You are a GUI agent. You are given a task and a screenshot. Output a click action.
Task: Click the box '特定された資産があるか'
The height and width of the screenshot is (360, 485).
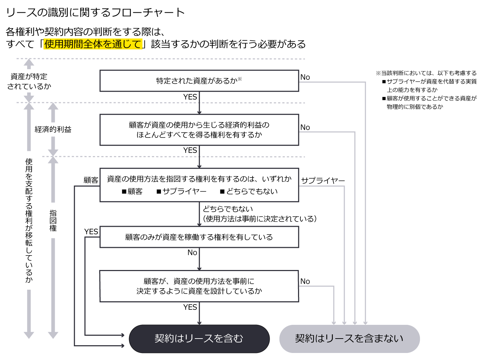click(199, 81)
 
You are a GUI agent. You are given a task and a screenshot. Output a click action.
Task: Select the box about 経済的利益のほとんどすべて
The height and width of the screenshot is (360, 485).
click(199, 130)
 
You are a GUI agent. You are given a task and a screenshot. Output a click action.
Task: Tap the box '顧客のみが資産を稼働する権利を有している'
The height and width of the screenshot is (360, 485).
click(199, 237)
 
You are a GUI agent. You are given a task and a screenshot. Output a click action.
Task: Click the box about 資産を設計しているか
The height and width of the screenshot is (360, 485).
click(199, 286)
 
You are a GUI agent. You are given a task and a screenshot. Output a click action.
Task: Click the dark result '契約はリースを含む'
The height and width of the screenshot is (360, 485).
click(199, 339)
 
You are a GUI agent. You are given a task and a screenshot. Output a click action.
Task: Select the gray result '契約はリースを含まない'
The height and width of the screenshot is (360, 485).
click(349, 339)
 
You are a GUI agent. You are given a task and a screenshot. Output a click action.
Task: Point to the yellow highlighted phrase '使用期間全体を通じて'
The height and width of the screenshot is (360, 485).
click(93, 44)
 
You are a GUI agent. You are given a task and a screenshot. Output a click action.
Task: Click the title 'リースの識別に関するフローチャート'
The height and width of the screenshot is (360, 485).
click(95, 13)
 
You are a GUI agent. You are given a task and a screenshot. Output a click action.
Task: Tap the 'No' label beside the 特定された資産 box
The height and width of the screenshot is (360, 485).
click(305, 77)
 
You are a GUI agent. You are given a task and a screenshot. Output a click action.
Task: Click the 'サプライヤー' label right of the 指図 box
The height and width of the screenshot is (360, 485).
click(323, 181)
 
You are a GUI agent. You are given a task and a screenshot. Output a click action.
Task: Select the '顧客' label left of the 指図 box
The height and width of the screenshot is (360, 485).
click(91, 180)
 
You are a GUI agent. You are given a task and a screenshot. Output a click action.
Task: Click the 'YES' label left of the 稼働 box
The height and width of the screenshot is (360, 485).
click(91, 232)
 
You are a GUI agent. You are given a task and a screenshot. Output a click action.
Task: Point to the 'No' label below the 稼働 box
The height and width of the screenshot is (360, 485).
click(192, 252)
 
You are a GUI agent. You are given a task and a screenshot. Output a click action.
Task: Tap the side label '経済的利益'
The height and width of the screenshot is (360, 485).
click(53, 129)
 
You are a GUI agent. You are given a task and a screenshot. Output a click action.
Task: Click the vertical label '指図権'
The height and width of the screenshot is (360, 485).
click(53, 220)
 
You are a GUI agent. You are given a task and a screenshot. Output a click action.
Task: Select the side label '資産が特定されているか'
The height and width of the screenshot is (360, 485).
click(29, 81)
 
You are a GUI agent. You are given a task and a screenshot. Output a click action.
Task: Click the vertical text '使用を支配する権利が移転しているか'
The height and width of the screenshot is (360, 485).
click(29, 220)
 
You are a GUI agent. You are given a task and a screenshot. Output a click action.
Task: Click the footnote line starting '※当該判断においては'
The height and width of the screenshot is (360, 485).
click(426, 73)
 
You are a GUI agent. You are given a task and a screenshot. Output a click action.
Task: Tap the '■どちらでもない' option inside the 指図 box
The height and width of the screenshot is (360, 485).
click(249, 192)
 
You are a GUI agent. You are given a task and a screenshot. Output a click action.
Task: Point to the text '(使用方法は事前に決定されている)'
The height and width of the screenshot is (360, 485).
click(260, 219)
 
